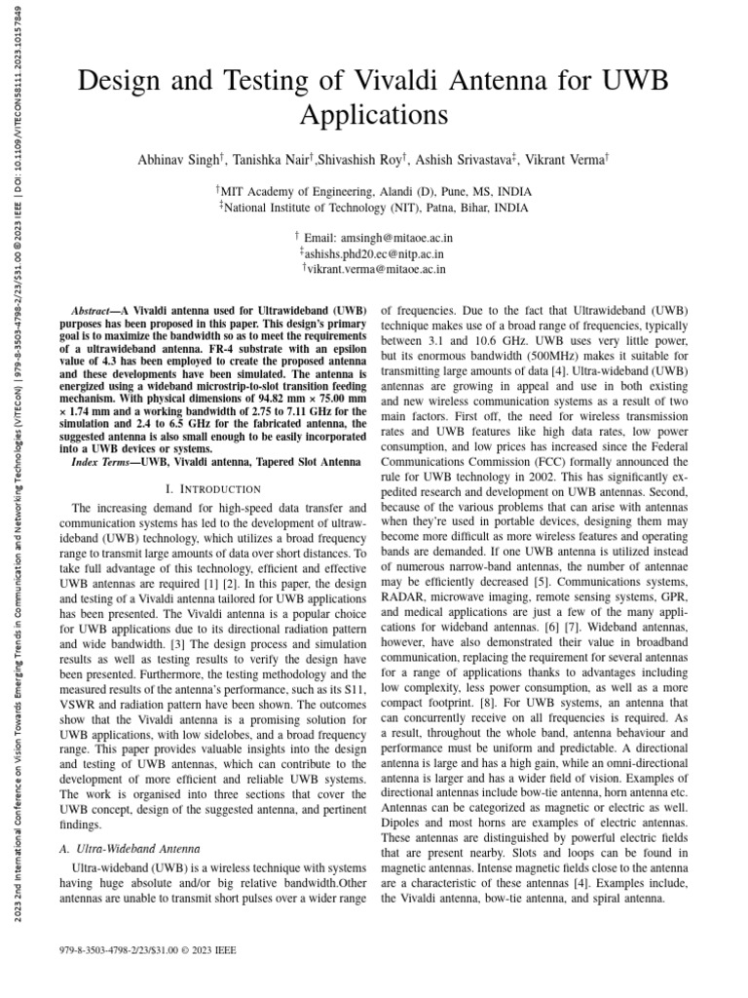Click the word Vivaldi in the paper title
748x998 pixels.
[393, 81]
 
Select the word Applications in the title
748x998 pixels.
[373, 115]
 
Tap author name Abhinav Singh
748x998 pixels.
[182, 159]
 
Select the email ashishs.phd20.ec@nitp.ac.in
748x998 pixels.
[378, 253]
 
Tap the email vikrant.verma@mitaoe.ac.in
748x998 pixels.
[377, 269]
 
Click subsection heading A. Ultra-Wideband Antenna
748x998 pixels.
[132, 850]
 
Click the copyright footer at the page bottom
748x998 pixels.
[148, 949]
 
